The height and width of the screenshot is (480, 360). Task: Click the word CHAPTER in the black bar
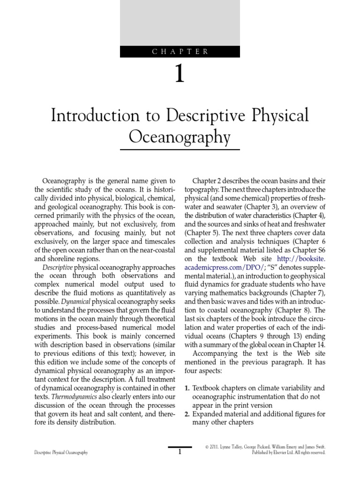pos(180,52)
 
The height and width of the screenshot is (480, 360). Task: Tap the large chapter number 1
pos(180,75)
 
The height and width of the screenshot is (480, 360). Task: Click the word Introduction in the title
pos(94,115)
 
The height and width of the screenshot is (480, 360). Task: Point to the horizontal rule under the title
pos(180,150)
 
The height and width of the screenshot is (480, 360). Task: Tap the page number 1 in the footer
pos(180,452)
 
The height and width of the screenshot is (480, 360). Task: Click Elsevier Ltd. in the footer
pos(280,453)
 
